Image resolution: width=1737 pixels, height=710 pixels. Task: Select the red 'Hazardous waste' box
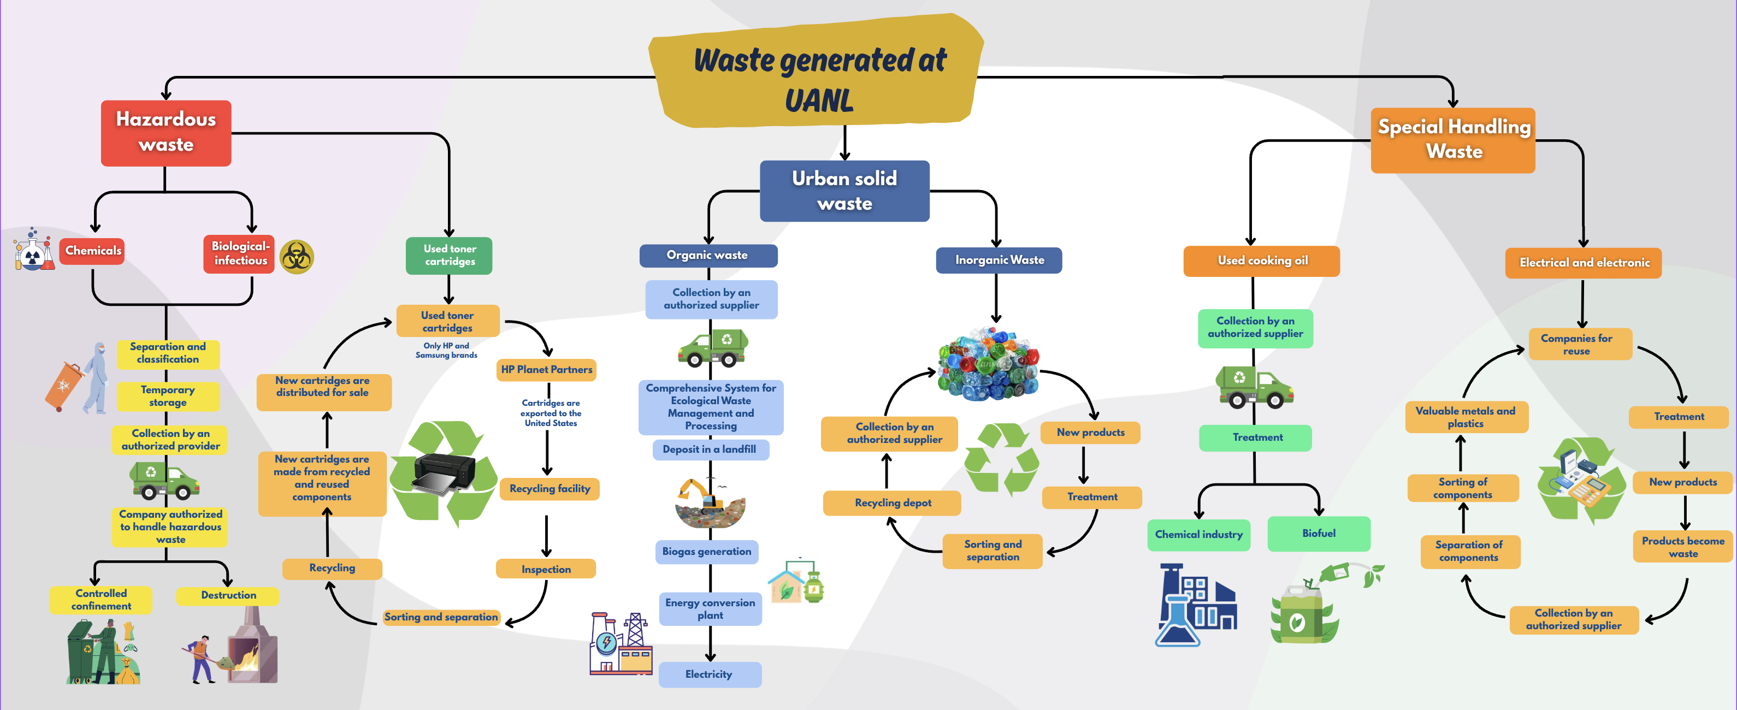coord(166,133)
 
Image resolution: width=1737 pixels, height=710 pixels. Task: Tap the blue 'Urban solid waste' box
coord(844,191)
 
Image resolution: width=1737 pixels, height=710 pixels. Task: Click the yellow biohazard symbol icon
coord(297,257)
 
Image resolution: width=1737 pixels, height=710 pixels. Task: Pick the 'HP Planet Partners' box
coord(546,370)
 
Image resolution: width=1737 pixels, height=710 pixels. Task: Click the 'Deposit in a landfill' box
coord(710,449)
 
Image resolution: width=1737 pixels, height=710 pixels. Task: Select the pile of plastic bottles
coord(988,364)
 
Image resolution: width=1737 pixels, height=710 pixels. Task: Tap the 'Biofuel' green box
coord(1319,534)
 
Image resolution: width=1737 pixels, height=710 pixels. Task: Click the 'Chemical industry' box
coord(1199,535)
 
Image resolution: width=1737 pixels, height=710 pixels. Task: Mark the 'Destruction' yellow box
coord(228,596)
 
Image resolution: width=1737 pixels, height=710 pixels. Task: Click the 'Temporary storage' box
coord(168,397)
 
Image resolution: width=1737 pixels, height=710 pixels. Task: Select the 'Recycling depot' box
coord(892,503)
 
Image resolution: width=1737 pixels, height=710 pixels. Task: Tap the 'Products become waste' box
coord(1683,547)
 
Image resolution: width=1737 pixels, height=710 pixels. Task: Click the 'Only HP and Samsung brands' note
coord(446,351)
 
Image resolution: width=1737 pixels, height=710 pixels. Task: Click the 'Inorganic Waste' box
coord(999,261)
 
